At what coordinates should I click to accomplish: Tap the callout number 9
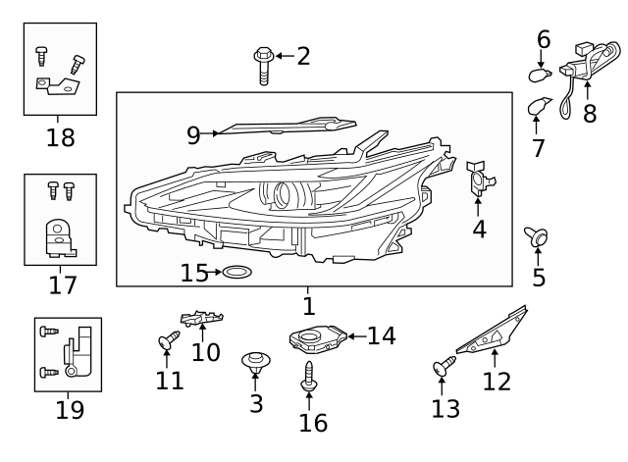point(192,134)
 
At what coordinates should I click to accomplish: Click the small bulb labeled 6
point(538,74)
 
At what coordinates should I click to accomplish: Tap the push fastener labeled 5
point(538,235)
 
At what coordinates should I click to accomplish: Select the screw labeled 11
point(166,342)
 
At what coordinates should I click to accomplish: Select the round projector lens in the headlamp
point(284,194)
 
